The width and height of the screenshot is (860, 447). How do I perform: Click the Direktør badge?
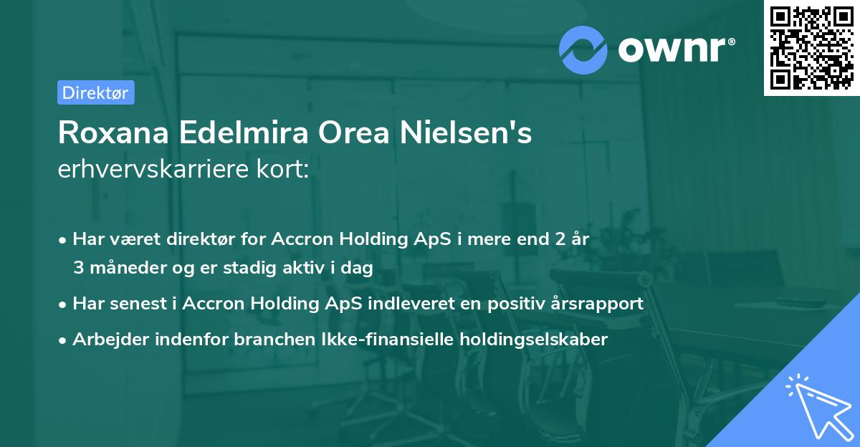tap(95, 92)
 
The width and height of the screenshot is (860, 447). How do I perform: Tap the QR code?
tap(811, 47)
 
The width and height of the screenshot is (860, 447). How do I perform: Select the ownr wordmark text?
tap(674, 49)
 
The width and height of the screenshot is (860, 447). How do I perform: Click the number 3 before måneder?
tap(78, 268)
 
